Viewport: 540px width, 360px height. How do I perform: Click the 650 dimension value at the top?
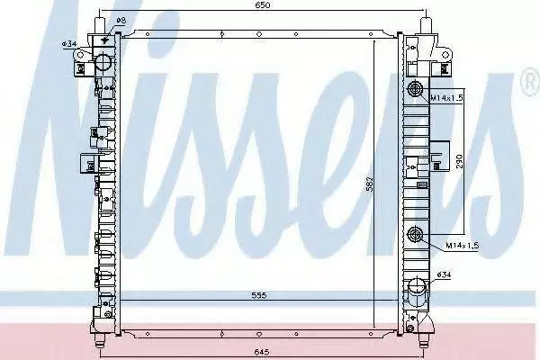coord(263,4)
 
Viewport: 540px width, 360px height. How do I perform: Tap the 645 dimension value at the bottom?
coord(262,352)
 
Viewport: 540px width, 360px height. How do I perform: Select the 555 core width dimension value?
coord(259,295)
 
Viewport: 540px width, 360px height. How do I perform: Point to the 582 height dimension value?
coord(369,185)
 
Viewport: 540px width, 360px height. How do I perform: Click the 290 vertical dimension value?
coord(460,161)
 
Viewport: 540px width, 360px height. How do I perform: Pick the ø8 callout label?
coord(121,21)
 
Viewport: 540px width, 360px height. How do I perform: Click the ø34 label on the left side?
coord(69,44)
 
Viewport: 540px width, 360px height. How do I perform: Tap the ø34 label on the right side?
coord(444,274)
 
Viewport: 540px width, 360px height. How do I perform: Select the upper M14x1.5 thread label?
coord(447,98)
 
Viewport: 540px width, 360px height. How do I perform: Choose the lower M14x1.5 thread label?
coord(463,246)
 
